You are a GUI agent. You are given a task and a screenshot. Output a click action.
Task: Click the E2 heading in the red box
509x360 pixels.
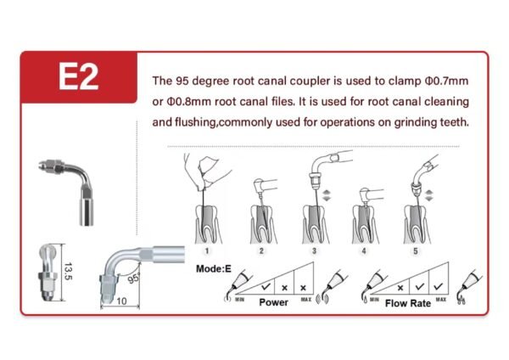[x=79, y=76]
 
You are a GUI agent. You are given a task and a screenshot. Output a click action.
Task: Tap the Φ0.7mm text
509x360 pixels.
[x=446, y=81]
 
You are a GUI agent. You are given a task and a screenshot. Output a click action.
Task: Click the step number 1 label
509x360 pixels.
[x=207, y=250]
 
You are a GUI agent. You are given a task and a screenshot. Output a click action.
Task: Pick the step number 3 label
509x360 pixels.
[x=314, y=250]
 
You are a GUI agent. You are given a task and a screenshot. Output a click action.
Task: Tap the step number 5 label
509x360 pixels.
[x=415, y=250]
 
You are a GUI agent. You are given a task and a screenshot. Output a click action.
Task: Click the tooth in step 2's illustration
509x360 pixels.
[x=264, y=224]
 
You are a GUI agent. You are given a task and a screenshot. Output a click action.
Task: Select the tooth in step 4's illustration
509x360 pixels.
[x=366, y=224]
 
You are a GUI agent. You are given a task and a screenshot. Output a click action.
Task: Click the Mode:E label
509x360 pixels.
[x=214, y=268]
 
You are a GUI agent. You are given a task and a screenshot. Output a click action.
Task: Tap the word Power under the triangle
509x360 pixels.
[x=274, y=302]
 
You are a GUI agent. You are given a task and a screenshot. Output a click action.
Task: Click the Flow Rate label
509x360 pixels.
[x=408, y=303]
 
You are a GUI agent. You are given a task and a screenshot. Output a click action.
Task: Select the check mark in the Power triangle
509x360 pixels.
[x=266, y=287]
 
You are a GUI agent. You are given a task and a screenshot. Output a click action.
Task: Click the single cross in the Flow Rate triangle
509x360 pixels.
[x=400, y=288]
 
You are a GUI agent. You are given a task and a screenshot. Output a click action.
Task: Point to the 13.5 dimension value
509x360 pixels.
[x=69, y=272]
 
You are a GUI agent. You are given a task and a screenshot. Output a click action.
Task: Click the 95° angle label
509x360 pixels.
[x=133, y=278]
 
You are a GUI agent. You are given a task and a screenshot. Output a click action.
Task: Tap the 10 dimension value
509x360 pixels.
[x=121, y=301]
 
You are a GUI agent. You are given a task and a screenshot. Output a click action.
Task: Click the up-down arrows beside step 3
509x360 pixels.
[x=327, y=195]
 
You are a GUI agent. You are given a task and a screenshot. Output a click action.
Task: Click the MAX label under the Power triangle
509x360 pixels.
[x=305, y=299]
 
